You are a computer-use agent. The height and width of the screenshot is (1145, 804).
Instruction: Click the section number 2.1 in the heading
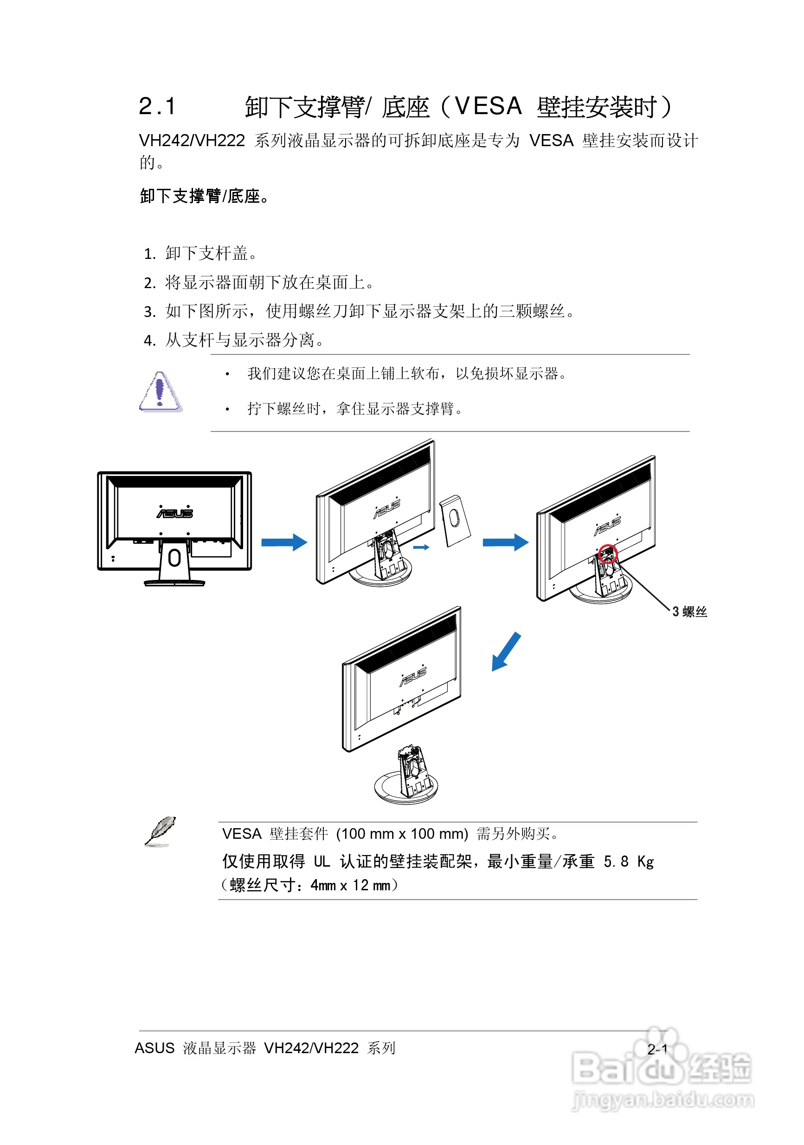point(157,107)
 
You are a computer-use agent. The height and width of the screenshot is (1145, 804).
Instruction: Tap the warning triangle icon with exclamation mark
point(160,392)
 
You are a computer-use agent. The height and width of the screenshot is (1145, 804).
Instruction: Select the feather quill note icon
point(160,831)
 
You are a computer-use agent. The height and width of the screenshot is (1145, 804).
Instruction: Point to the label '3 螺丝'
point(689,612)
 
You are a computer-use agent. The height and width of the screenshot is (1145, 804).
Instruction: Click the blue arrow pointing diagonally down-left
point(506,651)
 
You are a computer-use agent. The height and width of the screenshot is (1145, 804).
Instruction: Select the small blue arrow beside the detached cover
point(421,547)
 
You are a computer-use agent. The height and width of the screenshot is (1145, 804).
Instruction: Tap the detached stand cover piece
point(454,520)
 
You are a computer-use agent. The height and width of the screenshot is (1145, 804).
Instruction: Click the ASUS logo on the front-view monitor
point(174,513)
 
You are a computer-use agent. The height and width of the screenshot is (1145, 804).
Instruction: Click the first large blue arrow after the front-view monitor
point(284,542)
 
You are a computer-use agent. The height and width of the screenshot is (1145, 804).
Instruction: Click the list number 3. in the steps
point(150,312)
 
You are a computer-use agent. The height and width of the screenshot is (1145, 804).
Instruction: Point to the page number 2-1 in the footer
point(657,1049)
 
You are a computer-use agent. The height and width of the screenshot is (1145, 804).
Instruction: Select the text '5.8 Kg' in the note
point(629,861)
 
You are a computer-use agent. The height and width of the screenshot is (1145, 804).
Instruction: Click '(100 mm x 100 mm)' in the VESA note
point(402,833)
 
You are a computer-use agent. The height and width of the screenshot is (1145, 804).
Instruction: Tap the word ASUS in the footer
point(154,1048)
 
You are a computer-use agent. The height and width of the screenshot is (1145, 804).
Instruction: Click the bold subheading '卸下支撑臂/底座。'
point(205,196)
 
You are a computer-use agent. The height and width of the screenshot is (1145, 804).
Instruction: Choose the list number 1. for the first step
point(150,254)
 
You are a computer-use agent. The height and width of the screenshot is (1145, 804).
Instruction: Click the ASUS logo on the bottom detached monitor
point(413,676)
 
